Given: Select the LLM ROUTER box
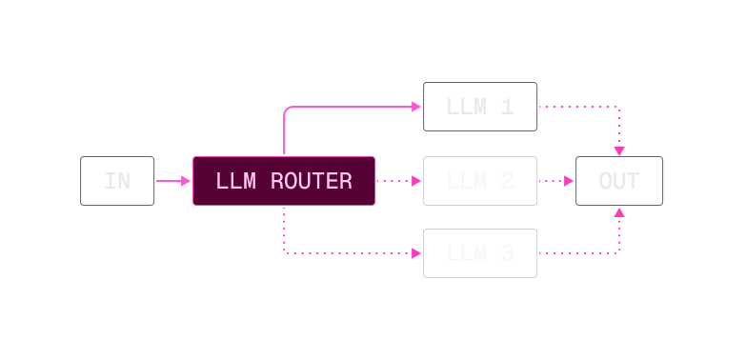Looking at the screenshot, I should click(284, 181).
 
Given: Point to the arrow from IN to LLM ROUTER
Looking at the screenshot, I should click(172, 181).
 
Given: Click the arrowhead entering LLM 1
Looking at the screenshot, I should click(416, 107).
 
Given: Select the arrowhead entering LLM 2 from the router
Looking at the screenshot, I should click(416, 181).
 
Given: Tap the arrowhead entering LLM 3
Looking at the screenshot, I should click(416, 254).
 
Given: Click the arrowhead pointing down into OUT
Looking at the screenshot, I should click(619, 150).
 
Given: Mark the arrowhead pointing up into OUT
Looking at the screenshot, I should click(619, 211).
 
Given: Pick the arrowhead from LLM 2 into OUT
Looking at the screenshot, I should click(569, 181).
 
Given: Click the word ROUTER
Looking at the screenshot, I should click(311, 181).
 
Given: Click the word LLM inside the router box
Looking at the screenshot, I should click(235, 181).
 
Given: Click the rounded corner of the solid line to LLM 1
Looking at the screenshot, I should click(287, 110).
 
